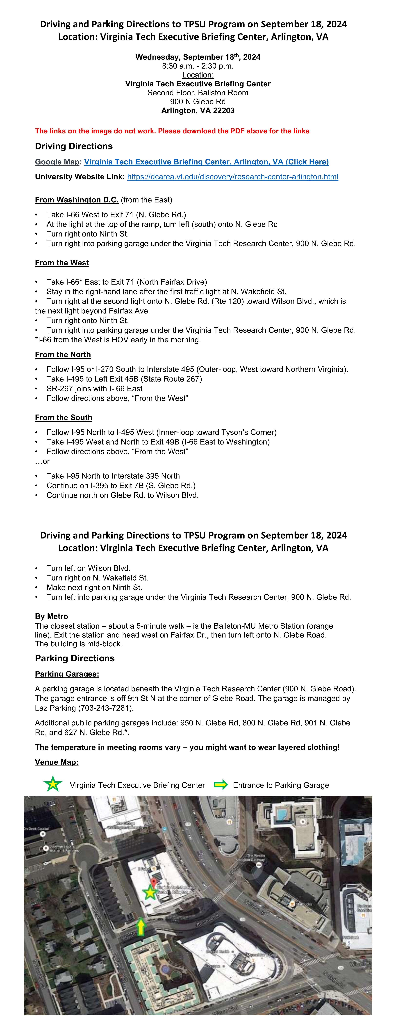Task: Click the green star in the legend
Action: (53, 784)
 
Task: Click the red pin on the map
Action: (153, 882)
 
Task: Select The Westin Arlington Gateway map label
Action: (250, 858)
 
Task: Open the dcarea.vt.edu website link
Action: (233, 177)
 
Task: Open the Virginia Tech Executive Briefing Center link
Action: (206, 162)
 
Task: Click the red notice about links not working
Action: (172, 131)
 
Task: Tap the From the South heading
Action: (64, 417)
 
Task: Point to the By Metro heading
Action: (51, 616)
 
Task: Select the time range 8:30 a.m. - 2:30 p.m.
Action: (198, 66)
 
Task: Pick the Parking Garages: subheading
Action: (67, 674)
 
